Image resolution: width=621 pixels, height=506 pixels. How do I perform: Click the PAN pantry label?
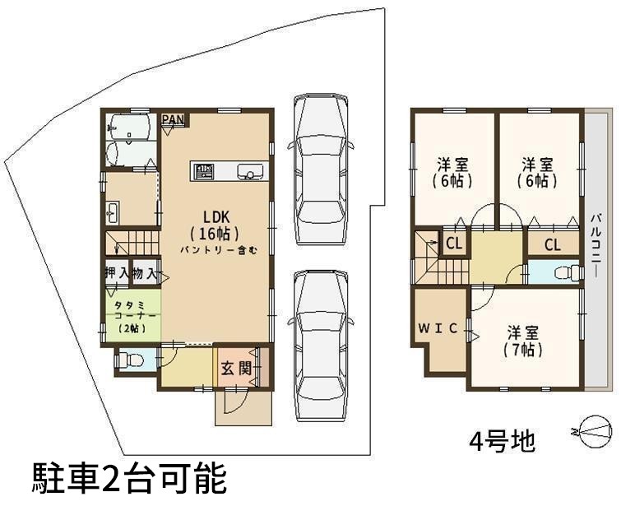(x=173, y=119)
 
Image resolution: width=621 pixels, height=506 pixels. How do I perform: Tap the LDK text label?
(x=216, y=216)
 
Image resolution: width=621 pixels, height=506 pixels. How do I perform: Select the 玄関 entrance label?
(x=236, y=369)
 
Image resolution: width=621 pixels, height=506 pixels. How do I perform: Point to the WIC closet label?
(x=438, y=328)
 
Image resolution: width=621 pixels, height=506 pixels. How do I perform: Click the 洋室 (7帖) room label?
(x=523, y=341)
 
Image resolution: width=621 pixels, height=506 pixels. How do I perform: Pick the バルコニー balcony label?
(x=597, y=246)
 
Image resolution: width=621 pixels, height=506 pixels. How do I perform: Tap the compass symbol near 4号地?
(x=594, y=431)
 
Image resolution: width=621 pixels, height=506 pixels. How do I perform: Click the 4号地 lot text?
(x=503, y=441)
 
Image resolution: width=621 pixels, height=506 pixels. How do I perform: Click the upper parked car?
(x=320, y=169)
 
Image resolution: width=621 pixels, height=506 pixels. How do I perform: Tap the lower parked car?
(x=320, y=346)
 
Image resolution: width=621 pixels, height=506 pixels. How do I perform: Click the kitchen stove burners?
(x=203, y=171)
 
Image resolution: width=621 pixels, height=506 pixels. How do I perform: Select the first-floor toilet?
(x=129, y=360)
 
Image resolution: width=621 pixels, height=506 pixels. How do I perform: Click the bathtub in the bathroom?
(x=131, y=127)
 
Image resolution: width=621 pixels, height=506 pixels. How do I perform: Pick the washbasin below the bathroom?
(x=113, y=213)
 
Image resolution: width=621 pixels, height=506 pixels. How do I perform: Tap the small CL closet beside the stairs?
(x=454, y=244)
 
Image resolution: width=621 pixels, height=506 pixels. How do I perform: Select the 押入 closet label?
(x=118, y=273)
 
